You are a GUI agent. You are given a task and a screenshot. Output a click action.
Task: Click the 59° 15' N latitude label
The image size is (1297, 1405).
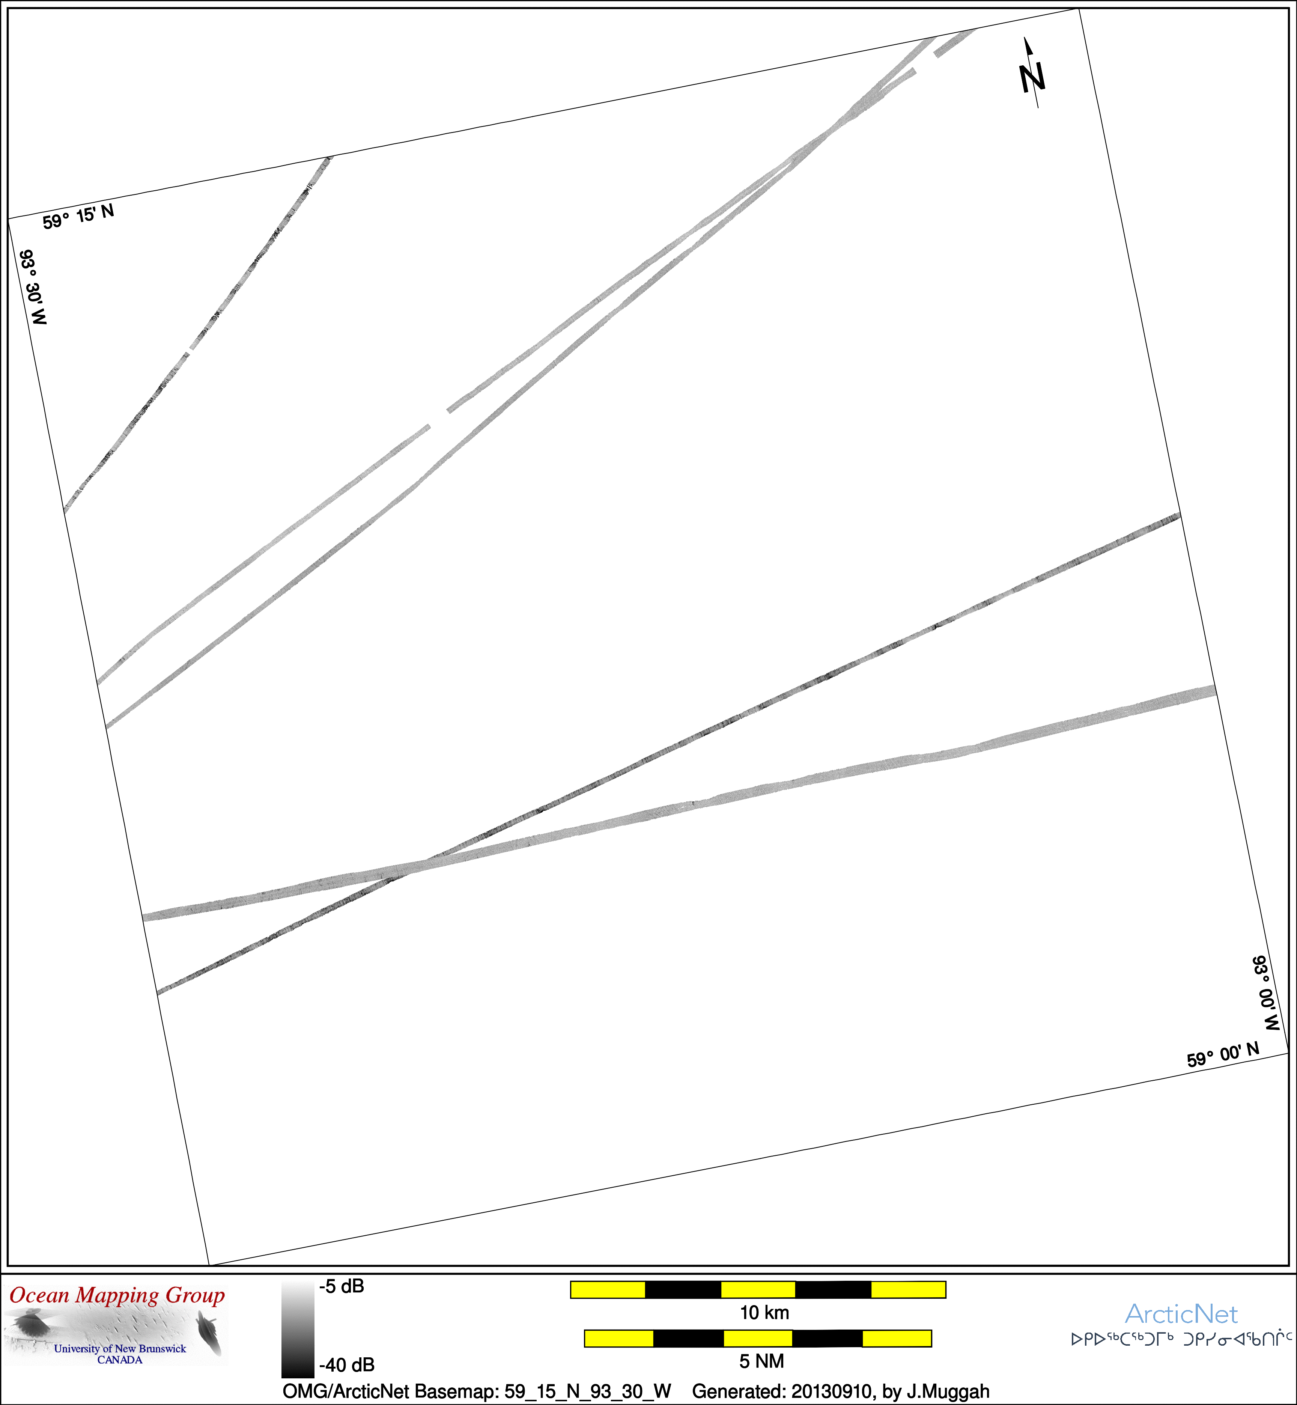click(78, 217)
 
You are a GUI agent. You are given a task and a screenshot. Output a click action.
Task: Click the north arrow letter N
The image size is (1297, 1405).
click(1032, 77)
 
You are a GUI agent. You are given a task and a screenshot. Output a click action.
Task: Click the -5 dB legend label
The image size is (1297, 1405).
click(342, 1286)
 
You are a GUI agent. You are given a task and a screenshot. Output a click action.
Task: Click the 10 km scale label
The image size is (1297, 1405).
click(764, 1312)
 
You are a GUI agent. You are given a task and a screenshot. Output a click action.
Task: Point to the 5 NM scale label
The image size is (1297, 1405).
click(761, 1361)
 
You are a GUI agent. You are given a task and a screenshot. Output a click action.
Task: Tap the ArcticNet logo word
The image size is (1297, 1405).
click(1181, 1314)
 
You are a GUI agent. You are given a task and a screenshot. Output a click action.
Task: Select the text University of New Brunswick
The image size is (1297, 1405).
click(120, 1348)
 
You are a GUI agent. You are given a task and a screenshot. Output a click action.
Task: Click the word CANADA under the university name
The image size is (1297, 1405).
click(120, 1359)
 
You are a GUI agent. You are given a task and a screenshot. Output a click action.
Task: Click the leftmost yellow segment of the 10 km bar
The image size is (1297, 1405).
click(608, 1289)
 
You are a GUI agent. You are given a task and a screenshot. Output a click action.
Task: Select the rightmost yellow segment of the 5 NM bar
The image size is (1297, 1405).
click(896, 1338)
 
